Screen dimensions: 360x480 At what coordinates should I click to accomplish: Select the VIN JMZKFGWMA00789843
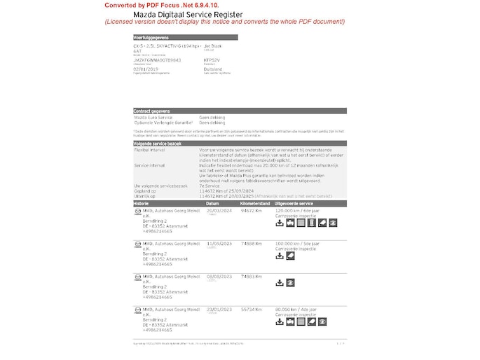(157, 60)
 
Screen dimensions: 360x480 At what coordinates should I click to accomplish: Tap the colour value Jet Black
(212, 45)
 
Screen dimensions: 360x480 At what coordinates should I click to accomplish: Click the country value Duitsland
(213, 69)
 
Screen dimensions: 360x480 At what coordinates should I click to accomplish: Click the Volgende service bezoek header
(157, 143)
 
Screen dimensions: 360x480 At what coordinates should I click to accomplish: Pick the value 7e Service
(210, 186)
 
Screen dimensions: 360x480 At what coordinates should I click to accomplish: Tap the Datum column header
(213, 202)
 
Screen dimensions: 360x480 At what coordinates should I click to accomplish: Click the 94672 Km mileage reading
(251, 209)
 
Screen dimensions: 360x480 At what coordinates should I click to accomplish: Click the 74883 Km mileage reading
(251, 276)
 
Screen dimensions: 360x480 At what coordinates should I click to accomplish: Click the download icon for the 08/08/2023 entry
(280, 283)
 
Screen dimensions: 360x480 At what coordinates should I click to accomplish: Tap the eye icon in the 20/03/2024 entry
(333, 223)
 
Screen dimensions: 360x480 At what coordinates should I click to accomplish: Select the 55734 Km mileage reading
(251, 309)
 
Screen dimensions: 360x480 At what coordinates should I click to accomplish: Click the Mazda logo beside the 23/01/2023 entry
(137, 309)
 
